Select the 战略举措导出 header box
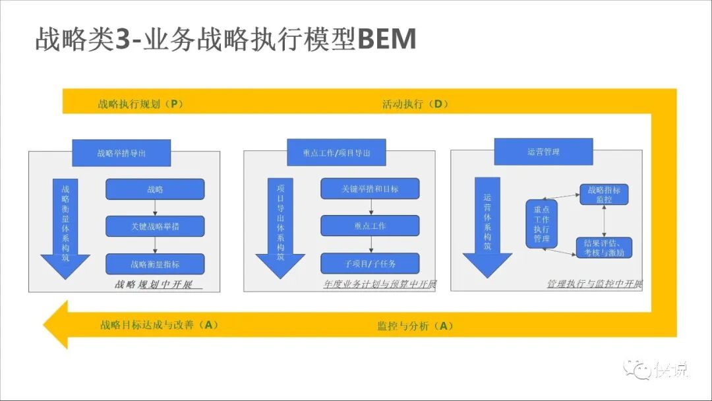point(121,152)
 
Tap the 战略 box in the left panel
point(155,189)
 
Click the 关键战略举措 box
point(155,226)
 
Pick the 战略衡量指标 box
point(155,264)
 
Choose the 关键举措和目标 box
point(370,189)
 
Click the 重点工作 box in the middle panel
point(370,226)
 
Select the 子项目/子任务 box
point(370,264)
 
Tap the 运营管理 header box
point(543,152)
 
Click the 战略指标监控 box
point(604,195)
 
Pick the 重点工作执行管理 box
point(542,224)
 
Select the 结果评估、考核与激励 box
point(604,247)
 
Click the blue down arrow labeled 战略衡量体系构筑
point(65,228)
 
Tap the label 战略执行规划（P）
point(140,104)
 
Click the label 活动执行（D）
point(415,104)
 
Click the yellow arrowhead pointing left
point(56,324)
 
